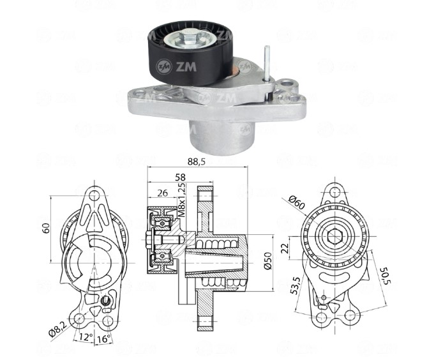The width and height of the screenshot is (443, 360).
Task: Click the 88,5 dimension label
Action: coord(196,162)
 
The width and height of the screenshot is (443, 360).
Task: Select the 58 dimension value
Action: coord(180,177)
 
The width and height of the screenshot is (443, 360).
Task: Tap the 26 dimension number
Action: coord(162,193)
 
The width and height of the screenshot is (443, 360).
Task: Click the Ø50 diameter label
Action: coord(267,260)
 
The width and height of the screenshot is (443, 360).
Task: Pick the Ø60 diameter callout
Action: coord(297,202)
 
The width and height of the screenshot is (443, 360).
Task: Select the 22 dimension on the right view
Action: coord(285,248)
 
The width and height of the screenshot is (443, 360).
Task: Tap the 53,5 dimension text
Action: coord(295,286)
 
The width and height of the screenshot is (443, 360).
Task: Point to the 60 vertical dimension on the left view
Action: coord(46,228)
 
